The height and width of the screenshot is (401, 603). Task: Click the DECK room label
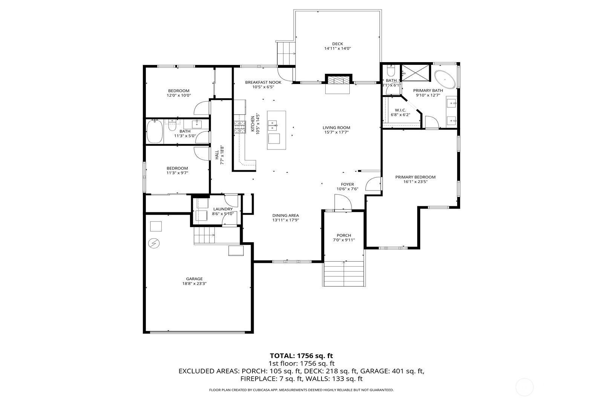[x=337, y=44]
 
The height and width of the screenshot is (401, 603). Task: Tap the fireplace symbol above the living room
[x=338, y=80]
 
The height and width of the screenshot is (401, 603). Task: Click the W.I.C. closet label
[x=400, y=110]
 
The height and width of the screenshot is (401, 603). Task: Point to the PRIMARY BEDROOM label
[x=415, y=177]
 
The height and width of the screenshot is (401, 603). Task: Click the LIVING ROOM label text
[x=336, y=128]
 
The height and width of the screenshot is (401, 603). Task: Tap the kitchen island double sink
[x=273, y=125]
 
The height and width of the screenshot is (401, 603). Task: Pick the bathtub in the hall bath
[x=154, y=131]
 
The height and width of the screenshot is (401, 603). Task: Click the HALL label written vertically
[x=217, y=155]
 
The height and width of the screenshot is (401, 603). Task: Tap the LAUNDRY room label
[x=223, y=209]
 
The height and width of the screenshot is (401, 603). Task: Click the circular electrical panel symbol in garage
[x=153, y=244]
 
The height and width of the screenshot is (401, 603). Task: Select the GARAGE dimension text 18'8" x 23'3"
[x=194, y=284]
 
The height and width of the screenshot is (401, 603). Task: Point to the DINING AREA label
[x=285, y=216]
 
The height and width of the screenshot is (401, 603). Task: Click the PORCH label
[x=344, y=235]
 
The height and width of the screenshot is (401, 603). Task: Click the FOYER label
[x=347, y=184]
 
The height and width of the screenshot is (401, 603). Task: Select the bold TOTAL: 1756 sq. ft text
[x=301, y=355]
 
